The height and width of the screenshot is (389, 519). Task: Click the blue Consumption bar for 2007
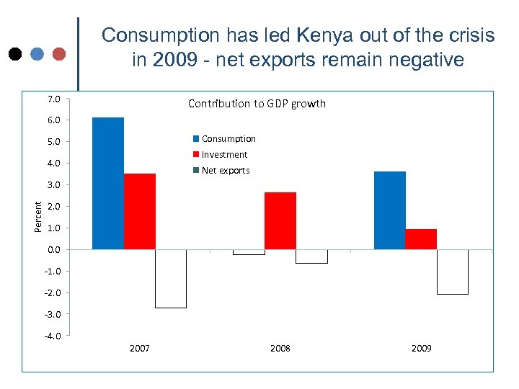pos(108,183)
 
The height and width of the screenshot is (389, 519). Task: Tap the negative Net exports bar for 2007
pos(171,279)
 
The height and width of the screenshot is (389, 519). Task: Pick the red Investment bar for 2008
pos(280,220)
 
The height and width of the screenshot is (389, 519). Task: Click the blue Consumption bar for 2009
pos(390,210)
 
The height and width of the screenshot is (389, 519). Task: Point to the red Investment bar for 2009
pos(421,239)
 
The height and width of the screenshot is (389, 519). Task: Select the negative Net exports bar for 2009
pos(453,272)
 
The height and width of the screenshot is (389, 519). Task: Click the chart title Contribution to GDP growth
pos(257,104)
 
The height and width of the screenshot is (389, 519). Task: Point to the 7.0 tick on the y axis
pos(53,98)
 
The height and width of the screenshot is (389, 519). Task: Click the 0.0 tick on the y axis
pos(53,249)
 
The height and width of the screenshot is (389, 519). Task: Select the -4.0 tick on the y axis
pos(52,336)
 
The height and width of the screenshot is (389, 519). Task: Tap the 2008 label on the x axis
pos(280,348)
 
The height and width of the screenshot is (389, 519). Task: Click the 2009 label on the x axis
pos(422,348)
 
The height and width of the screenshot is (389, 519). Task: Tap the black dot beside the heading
pos(14,54)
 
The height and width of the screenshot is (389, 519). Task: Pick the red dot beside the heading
pos(59,54)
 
